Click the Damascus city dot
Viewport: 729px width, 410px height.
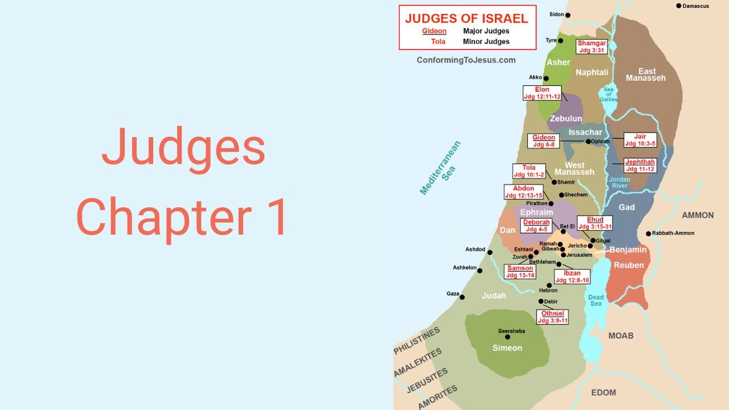(x=679, y=6)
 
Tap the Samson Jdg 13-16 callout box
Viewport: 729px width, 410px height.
(x=520, y=272)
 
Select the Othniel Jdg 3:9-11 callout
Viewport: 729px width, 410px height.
(x=552, y=317)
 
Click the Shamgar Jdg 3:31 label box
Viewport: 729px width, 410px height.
(x=591, y=47)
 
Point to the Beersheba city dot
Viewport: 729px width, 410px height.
(x=507, y=337)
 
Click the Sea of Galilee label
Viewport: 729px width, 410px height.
(x=608, y=93)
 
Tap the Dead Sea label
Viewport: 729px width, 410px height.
(x=596, y=300)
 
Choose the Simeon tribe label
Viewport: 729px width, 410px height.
(x=507, y=348)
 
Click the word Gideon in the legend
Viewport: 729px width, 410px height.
(x=434, y=31)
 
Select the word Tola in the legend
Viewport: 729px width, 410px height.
(x=438, y=42)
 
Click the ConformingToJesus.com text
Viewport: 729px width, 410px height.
(x=466, y=60)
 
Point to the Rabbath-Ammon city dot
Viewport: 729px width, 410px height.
(x=648, y=233)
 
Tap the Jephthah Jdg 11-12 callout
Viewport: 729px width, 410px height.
(x=640, y=165)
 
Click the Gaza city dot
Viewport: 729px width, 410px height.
(x=462, y=297)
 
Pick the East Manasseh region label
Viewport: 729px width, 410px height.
(x=646, y=75)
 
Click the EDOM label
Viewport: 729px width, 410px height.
(x=604, y=393)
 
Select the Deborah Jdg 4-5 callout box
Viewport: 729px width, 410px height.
(x=536, y=225)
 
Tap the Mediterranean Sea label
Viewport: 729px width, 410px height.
(x=440, y=168)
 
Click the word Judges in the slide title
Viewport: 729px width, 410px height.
(x=183, y=147)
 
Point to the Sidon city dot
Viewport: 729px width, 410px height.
(x=568, y=15)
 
